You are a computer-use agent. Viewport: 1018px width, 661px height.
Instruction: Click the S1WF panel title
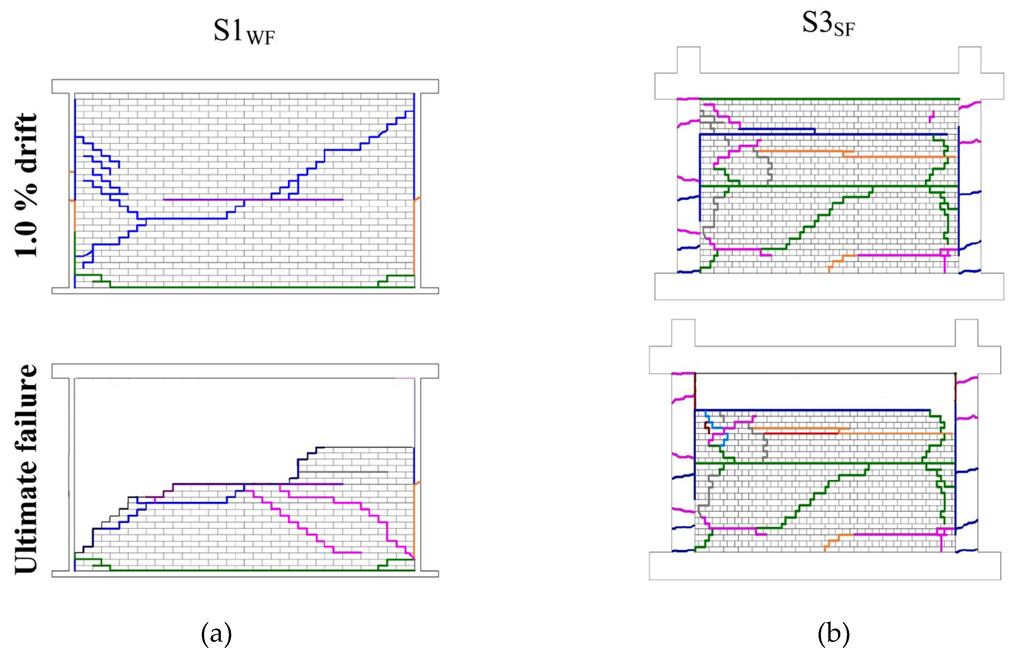tap(244, 32)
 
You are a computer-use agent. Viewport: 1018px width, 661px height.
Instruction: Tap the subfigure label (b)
tap(833, 634)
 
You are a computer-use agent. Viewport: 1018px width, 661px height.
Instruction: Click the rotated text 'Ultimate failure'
tap(26, 469)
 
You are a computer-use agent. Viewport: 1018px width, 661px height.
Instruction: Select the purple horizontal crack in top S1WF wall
tap(252, 199)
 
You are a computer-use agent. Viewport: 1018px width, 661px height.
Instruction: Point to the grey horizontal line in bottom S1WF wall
tap(342, 472)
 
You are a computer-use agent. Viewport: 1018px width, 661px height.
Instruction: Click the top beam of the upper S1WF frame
tap(245, 86)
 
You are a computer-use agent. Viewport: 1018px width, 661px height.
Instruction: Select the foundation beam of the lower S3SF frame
tap(824, 566)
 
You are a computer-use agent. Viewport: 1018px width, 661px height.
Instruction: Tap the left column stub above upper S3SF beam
tap(688, 60)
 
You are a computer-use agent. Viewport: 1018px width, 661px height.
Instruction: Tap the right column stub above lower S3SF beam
tap(966, 332)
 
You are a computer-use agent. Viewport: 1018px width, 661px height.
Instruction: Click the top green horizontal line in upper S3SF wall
tap(829, 99)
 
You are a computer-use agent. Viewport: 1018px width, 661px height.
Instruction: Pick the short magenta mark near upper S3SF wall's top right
tap(932, 116)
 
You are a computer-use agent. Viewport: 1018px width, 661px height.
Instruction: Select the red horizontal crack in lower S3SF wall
tap(800, 433)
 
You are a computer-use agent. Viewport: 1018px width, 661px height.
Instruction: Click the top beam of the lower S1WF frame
tap(245, 371)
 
